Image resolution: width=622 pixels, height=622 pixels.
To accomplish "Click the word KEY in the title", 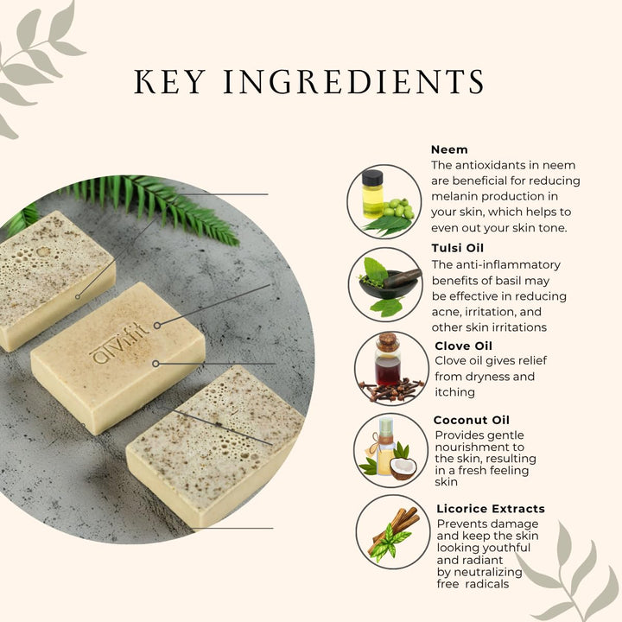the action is (169, 82).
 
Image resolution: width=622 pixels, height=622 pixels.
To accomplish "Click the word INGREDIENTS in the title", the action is (354, 82).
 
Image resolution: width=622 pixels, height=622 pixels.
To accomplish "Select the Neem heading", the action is (449, 149).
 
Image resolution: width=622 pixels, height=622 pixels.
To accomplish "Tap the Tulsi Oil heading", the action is (458, 248).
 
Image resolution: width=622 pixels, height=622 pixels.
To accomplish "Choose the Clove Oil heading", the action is (463, 346).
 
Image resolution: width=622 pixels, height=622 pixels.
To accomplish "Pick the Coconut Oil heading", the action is (472, 420).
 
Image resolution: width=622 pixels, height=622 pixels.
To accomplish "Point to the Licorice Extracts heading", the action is (491, 509).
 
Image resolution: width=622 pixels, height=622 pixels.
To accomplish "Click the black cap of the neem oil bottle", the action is (373, 177).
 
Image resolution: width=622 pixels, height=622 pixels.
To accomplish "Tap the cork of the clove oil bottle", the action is (388, 340).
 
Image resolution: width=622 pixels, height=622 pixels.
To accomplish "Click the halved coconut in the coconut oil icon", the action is (403, 468).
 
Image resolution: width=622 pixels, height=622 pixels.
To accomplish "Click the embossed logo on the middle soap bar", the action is (119, 342).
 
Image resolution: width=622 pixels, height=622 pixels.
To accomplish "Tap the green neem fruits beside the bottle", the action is (398, 209).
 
